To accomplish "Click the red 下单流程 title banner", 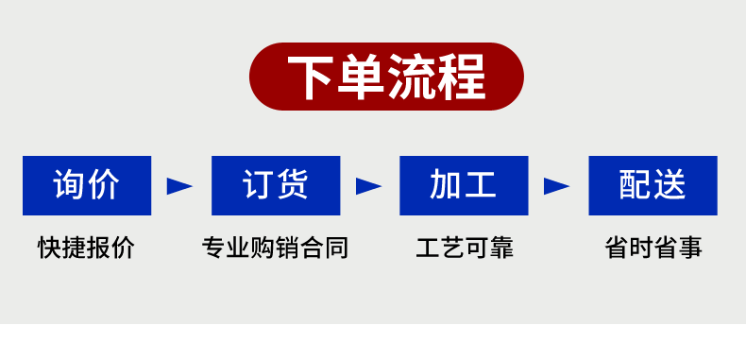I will point(386,77).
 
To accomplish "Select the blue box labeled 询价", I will point(87,185).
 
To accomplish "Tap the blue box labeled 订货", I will point(276,185).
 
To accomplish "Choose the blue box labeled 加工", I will point(464,185).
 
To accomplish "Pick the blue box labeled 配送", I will point(653,185).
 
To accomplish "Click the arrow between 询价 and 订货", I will point(179,186).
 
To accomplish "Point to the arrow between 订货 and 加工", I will point(368,186).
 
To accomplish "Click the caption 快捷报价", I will point(87,249).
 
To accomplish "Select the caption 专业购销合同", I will point(276,249).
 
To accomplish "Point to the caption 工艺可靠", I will point(465,249).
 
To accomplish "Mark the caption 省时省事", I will point(653,249).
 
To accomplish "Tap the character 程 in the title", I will point(461,77).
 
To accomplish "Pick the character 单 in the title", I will point(362,77).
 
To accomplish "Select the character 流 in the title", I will point(411,77).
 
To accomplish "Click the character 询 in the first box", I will point(69,185).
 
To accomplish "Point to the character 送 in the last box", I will point(670,185).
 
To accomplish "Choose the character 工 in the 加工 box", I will point(482,185).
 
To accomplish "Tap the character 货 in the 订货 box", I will point(294,185).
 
